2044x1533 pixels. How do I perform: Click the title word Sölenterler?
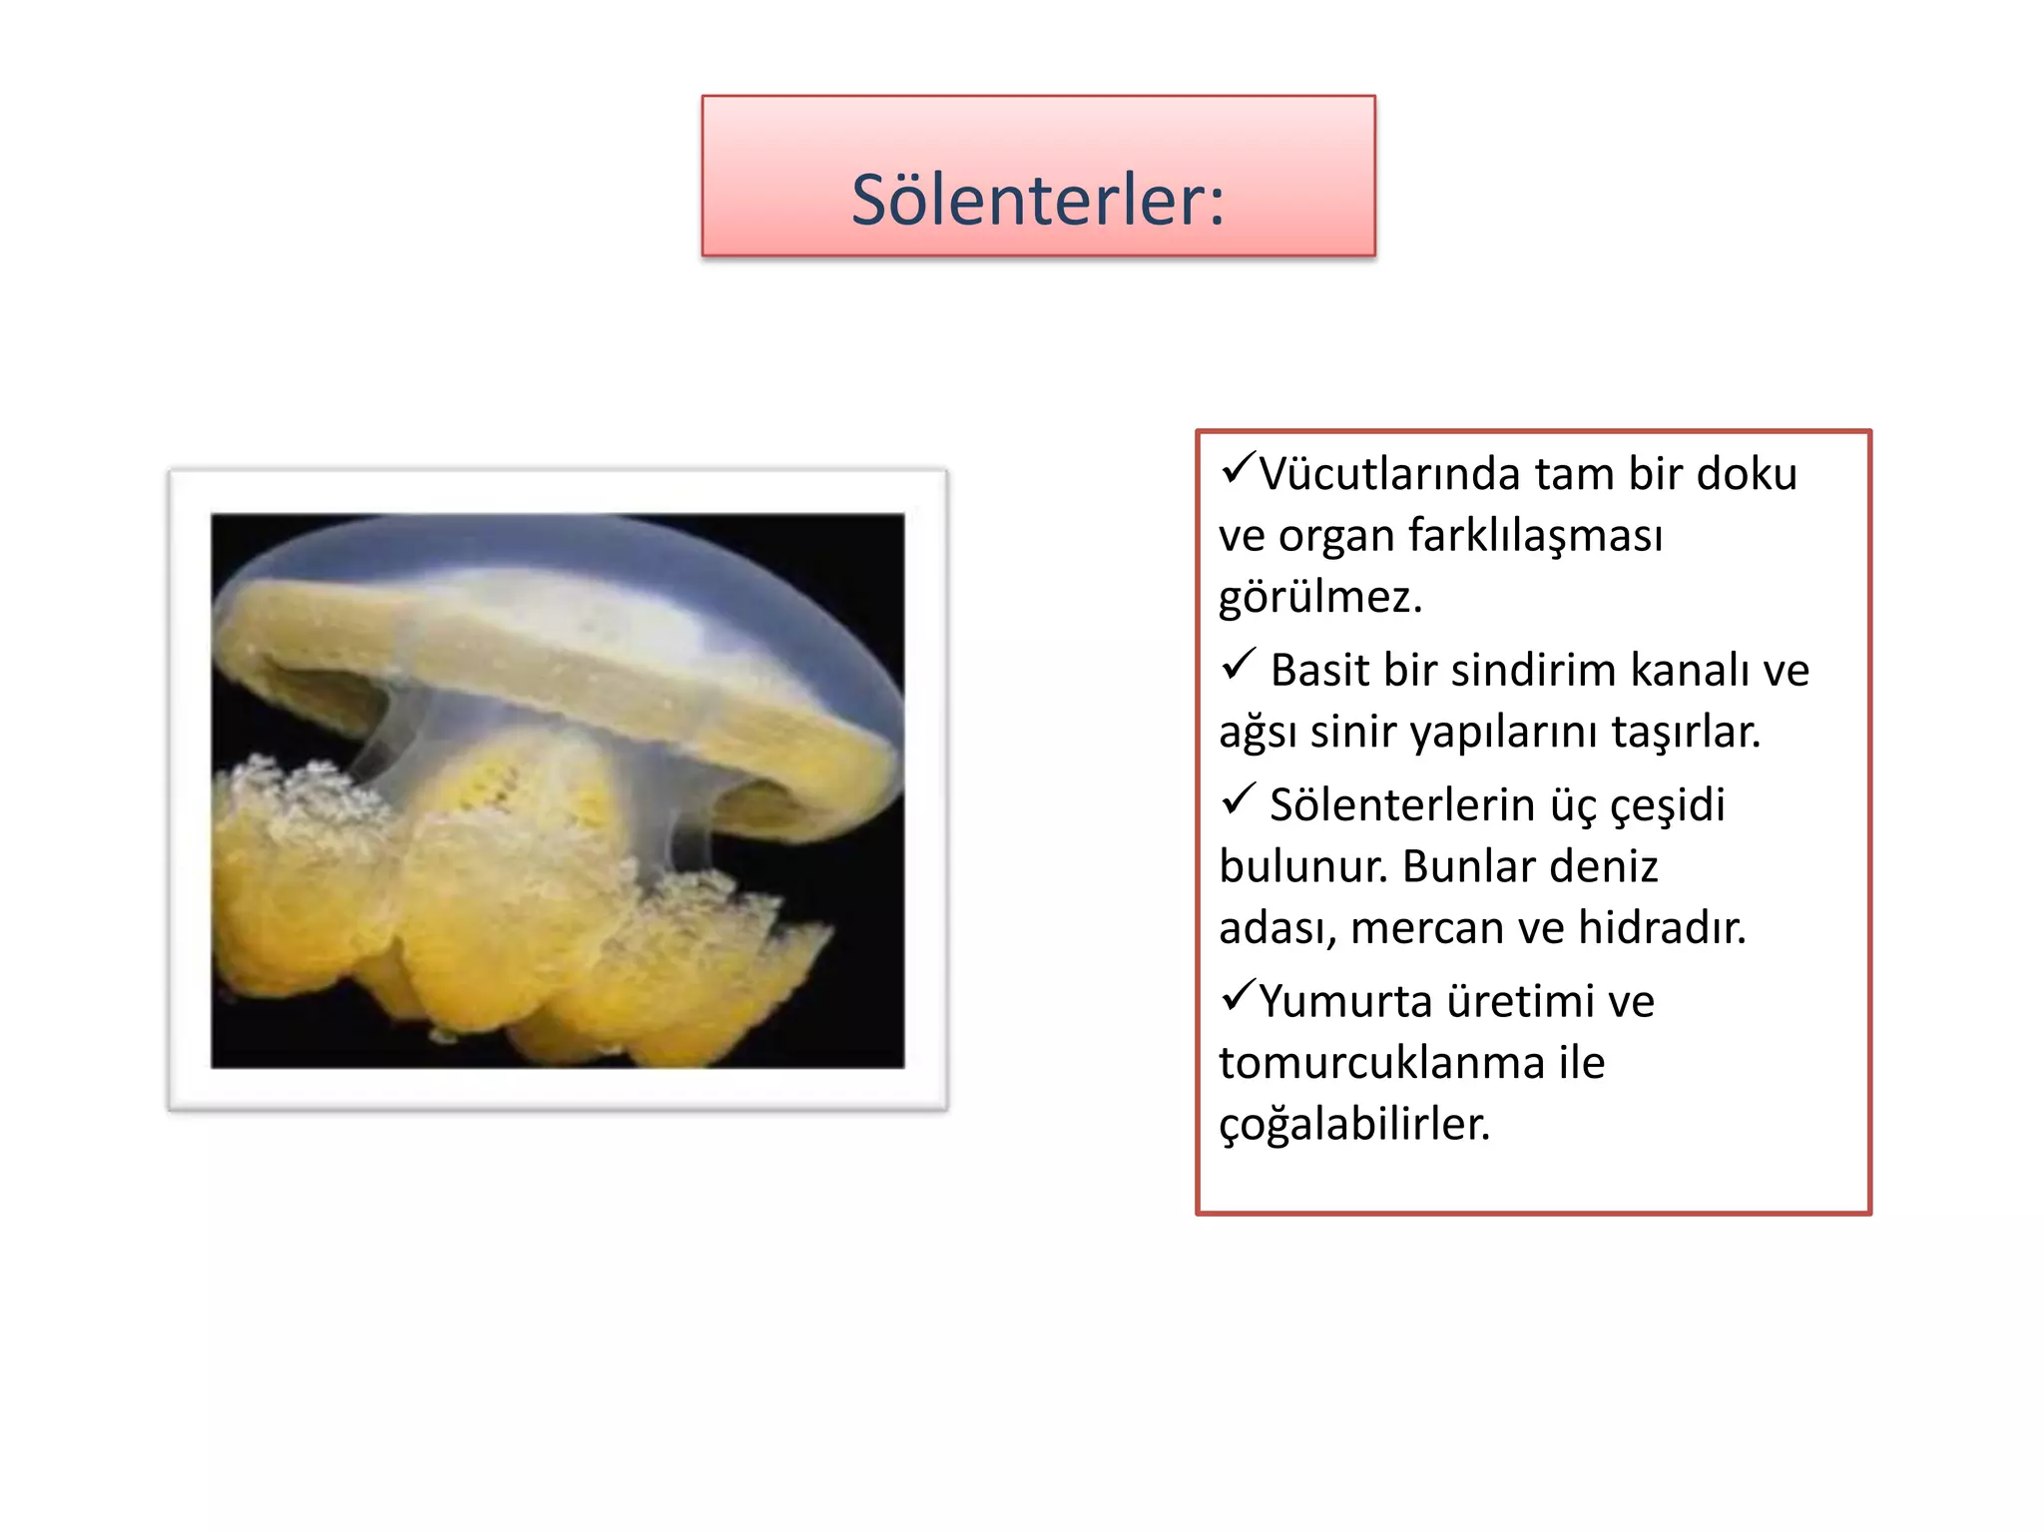(x=1036, y=200)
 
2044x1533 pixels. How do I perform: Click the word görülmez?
(x=1319, y=598)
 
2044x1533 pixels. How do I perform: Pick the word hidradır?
(x=1662, y=928)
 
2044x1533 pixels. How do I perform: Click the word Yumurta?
(x=1345, y=1001)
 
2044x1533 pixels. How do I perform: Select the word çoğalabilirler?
(x=1354, y=1125)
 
